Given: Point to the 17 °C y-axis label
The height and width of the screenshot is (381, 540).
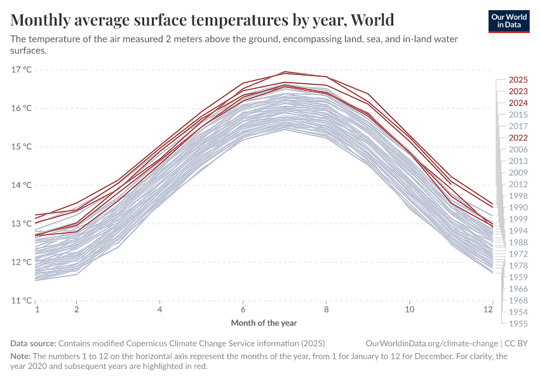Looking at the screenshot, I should point(22,69).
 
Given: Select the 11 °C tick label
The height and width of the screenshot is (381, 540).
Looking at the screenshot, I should point(22,300).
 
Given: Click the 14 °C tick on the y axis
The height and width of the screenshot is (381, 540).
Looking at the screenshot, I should point(22,185).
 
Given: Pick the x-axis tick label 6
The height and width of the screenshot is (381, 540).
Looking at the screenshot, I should point(243,310).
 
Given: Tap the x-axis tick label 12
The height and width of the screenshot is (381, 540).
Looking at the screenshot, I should point(489,310).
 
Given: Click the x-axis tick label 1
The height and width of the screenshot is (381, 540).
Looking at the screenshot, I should point(37,310).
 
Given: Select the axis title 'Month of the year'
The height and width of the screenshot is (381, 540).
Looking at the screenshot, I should point(264,323).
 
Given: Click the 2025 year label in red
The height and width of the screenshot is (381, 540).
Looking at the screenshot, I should point(518,80).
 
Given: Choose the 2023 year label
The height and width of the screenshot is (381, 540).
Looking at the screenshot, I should point(518,91).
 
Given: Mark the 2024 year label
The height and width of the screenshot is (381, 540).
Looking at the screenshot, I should point(518,103).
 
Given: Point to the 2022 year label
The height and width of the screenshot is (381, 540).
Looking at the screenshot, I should point(518,138).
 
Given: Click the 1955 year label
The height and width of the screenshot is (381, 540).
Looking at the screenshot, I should point(518,323).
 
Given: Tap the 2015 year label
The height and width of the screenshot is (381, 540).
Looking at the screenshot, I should point(518,114).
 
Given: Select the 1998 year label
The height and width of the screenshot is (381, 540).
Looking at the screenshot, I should point(518,196).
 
